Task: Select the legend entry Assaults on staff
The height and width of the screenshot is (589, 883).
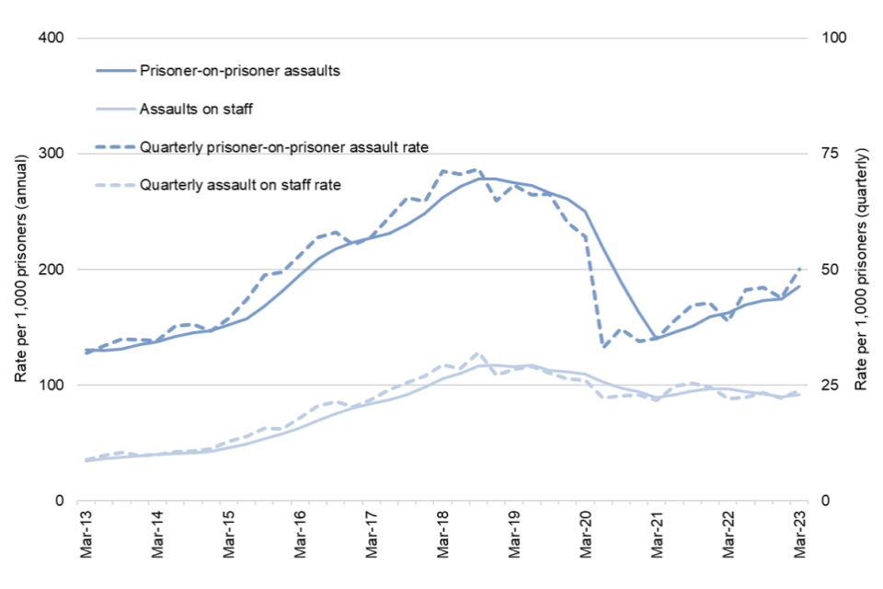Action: pos(196,109)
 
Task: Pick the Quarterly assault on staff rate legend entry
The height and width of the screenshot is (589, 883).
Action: pos(240,184)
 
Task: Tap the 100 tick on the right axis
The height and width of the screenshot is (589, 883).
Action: pos(821,39)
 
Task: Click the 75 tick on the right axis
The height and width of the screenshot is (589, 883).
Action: pos(818,154)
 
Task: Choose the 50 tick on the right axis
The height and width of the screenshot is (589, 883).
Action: pos(818,270)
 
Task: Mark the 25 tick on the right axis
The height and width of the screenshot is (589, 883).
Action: pos(818,386)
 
